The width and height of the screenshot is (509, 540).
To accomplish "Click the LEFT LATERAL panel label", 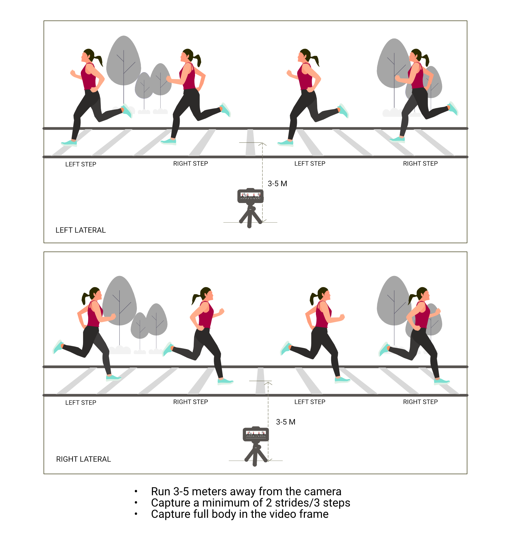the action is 80,230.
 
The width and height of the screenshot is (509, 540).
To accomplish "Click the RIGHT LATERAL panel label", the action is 83,459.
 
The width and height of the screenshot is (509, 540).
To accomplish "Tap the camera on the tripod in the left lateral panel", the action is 250,196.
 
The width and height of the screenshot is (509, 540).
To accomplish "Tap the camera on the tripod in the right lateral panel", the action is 256,434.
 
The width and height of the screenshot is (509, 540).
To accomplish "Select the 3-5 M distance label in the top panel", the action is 277,184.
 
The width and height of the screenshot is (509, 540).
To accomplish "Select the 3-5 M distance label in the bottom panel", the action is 286,422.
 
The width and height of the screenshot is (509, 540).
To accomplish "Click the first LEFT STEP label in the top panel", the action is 81,164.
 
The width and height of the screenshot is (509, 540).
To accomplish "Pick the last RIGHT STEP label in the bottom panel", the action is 420,402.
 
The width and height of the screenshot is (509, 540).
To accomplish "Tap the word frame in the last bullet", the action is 313,514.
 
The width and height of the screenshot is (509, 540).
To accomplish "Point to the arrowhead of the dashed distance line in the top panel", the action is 262,144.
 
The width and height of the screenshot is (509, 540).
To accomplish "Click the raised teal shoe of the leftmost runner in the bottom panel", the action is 58,347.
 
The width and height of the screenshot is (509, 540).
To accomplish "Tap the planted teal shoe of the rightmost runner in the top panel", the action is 397,139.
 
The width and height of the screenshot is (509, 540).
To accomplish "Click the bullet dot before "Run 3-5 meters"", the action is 136,491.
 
